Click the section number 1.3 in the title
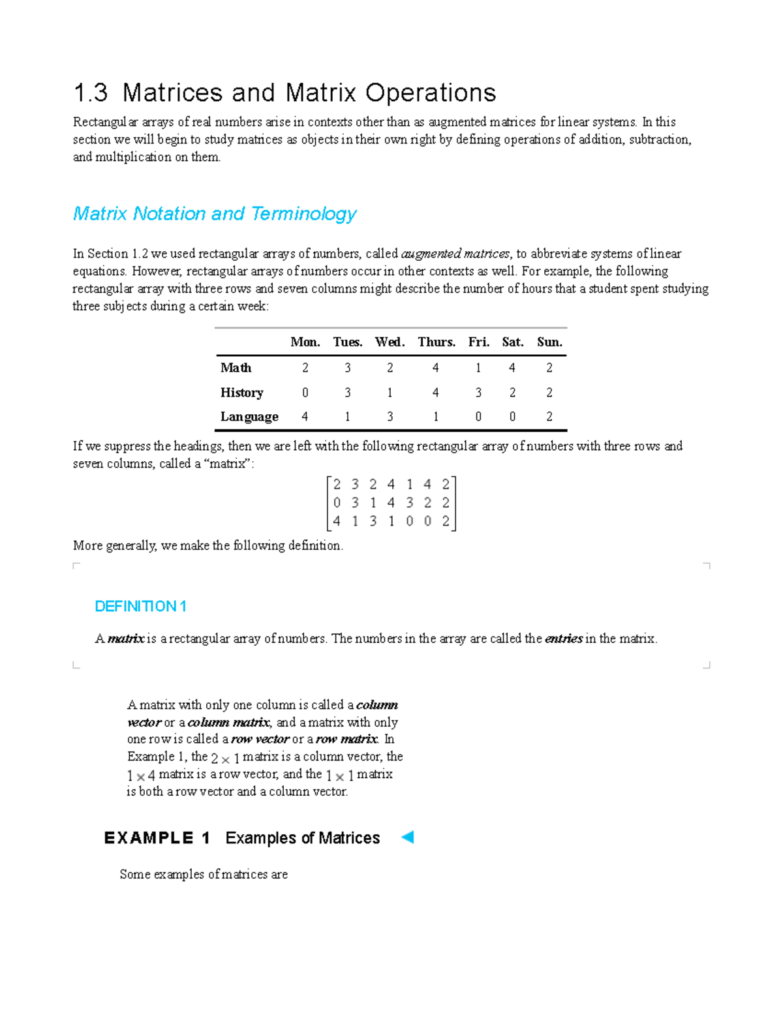[x=91, y=93]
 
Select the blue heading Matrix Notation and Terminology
[x=215, y=213]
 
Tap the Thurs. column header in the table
[x=437, y=342]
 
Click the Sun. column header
[x=549, y=342]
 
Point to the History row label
[x=241, y=392]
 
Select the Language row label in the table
[x=249, y=416]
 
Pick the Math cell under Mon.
[x=305, y=368]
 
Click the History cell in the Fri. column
[x=478, y=392]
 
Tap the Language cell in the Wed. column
[x=390, y=416]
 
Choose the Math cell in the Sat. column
[x=512, y=368]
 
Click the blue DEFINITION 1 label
[x=140, y=606]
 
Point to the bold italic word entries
[x=563, y=639]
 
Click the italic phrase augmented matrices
[x=455, y=254]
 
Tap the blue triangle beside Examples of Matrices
[x=407, y=837]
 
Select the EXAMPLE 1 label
[x=157, y=838]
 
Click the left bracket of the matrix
[x=329, y=503]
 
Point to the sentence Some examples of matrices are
[x=204, y=874]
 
